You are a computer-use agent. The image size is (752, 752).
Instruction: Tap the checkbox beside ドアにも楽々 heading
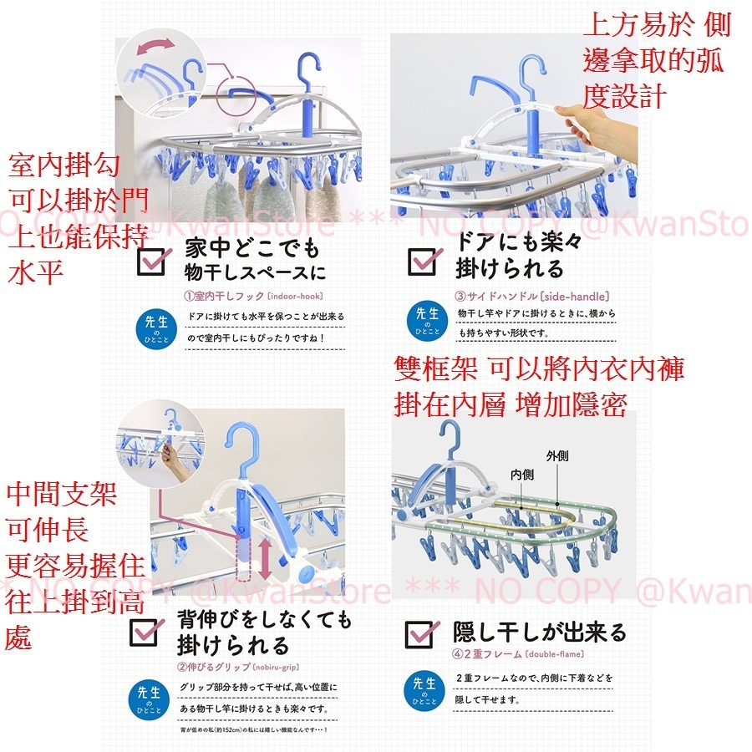pos(422,260)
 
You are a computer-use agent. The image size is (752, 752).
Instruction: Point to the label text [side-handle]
pos(576,296)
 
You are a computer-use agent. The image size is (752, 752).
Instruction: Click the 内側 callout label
pos(522,473)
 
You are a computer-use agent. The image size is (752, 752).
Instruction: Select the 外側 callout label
pos(557,457)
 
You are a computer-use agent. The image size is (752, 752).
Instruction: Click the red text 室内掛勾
pos(64,165)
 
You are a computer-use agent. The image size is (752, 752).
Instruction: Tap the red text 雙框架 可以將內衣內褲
pos(539,368)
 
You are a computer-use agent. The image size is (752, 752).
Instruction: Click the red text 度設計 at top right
pos(625,97)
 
